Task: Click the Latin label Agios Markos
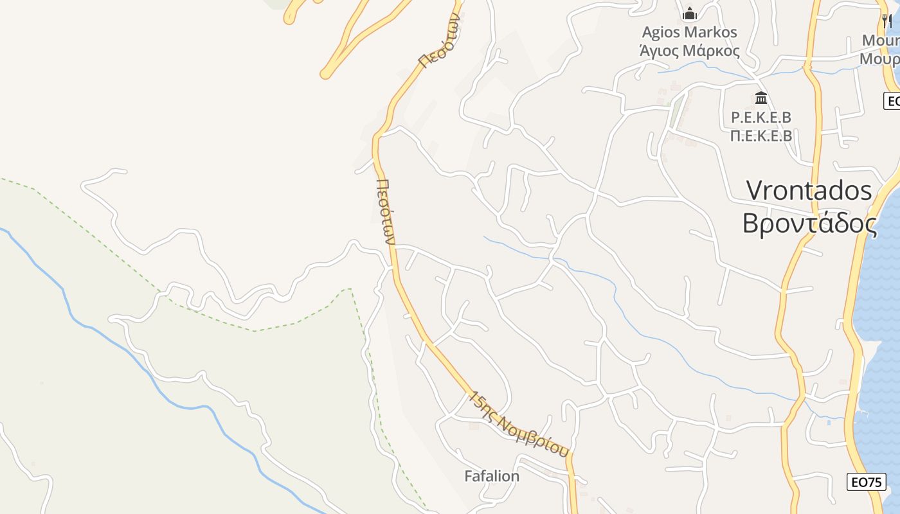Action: pos(689,32)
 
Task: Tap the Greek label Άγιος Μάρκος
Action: pos(689,51)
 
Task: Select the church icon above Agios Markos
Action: pos(690,13)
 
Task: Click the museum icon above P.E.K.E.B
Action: pos(761,98)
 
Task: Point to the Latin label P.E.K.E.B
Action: pos(761,118)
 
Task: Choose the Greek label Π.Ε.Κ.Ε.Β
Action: pos(761,136)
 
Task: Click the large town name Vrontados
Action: pos(809,191)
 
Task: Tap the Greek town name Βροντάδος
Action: pos(809,224)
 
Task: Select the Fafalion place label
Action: pos(492,476)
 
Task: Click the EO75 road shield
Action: pos(866,482)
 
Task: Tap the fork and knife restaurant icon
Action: pos(887,21)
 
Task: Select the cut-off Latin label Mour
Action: pos(881,40)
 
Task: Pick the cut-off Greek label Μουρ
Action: pos(881,59)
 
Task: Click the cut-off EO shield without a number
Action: pos(892,101)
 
